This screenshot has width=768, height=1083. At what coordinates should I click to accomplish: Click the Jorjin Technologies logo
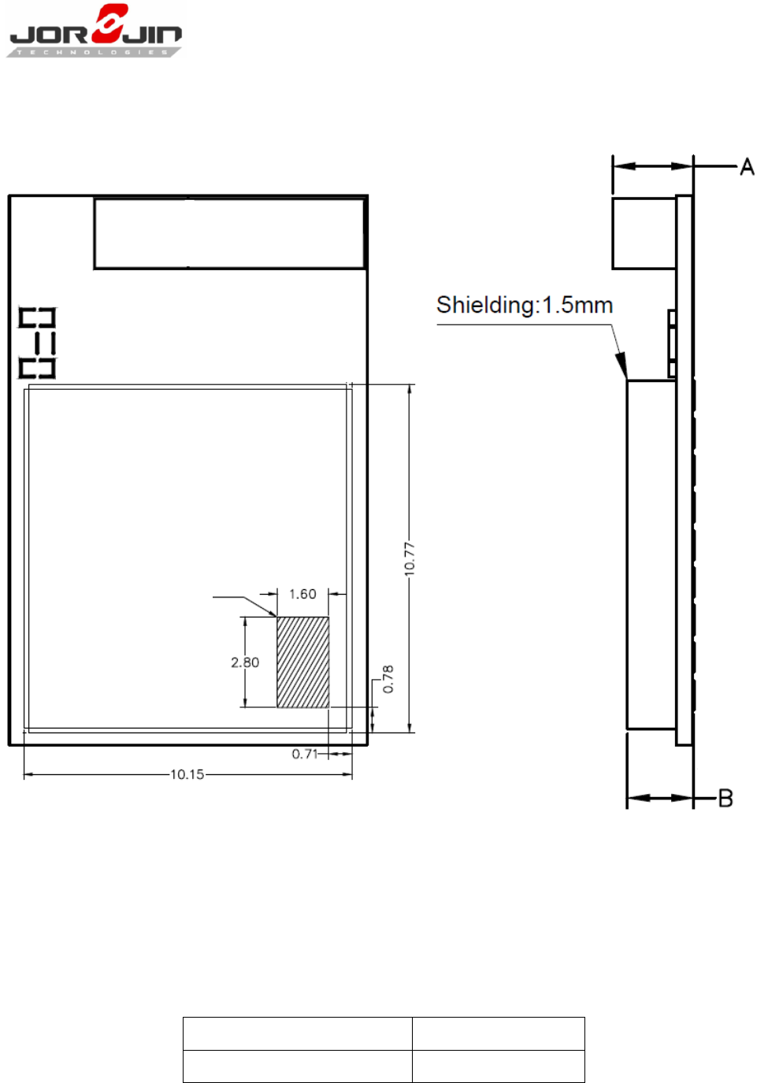click(95, 31)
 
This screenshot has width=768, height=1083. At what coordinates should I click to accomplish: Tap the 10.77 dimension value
click(410, 559)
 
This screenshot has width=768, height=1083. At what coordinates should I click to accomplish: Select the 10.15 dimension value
click(187, 774)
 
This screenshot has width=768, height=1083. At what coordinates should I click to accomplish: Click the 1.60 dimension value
click(302, 594)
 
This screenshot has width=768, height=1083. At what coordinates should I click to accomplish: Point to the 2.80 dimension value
click(245, 662)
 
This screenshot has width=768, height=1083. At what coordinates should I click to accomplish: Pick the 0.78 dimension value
click(388, 679)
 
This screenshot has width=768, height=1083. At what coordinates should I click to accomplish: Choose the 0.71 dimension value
click(305, 754)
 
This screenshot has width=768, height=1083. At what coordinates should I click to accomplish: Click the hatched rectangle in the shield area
click(302, 662)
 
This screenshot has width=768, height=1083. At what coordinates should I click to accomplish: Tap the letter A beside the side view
click(748, 167)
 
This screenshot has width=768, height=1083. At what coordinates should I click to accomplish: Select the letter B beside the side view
click(725, 798)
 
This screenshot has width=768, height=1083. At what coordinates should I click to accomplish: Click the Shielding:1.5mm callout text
click(525, 305)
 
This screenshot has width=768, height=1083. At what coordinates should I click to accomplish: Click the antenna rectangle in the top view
click(229, 233)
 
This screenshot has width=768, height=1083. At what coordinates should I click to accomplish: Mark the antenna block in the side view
click(644, 233)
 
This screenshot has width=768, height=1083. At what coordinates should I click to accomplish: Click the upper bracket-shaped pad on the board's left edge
click(37, 317)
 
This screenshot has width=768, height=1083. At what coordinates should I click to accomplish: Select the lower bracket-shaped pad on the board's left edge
click(37, 368)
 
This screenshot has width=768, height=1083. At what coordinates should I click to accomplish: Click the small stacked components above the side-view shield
click(672, 343)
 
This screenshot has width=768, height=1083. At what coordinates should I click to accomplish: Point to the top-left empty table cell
click(298, 1033)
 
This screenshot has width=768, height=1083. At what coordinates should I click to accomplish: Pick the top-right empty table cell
click(498, 1033)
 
